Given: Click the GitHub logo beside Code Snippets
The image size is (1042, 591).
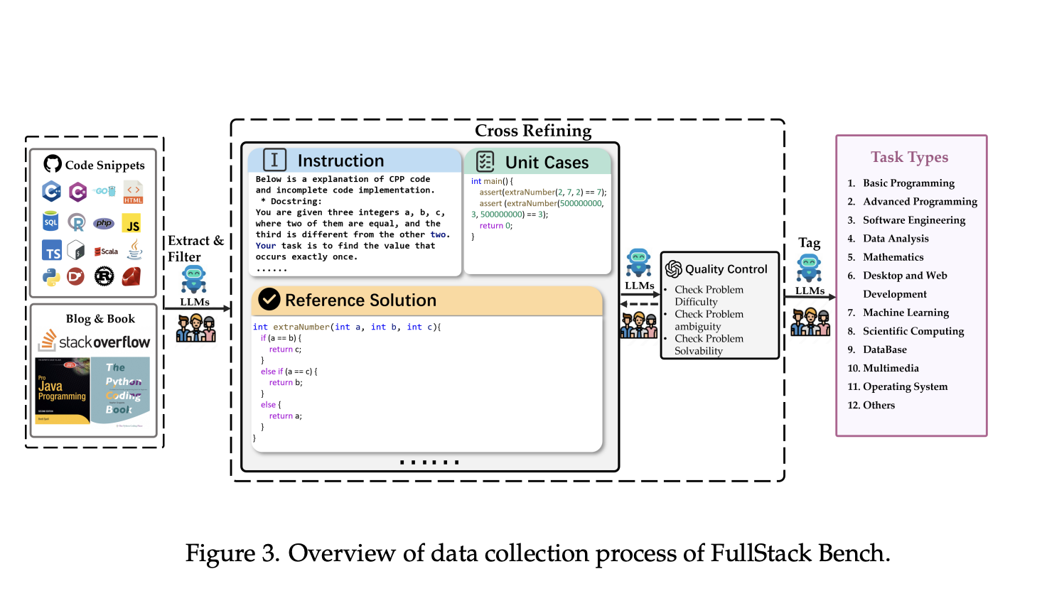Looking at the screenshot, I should point(53,164).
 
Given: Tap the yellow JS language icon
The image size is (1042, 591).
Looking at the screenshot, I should point(131,224).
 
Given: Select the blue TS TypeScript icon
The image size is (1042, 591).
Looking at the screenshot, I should point(52,251).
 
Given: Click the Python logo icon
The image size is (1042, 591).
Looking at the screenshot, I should point(51,277).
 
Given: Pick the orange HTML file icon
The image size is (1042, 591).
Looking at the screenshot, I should point(133,192).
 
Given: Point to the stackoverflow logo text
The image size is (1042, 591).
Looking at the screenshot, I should point(95,342).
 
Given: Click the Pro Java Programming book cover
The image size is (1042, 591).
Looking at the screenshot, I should point(63,391).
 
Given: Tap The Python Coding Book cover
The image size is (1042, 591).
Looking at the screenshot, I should point(121,391).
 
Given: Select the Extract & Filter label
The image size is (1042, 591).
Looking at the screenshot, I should point(195,249).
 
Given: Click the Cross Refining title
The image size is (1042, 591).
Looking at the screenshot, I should point(532,131).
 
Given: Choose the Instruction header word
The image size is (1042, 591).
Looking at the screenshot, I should point(340,161).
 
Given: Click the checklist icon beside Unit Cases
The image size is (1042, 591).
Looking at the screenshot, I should point(485,162).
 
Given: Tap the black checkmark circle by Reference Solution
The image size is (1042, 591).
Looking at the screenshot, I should point(269,300).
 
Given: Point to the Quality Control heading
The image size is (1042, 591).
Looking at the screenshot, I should point(726,269).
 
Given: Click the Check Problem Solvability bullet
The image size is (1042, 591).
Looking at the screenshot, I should point(708,345).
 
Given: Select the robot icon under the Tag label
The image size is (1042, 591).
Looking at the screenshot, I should point(809,269).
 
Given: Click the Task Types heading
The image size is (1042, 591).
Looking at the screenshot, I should point(909,157).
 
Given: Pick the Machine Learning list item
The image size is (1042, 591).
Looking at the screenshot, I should point(906,313).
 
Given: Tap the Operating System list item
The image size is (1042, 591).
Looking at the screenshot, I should point(905,386).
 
